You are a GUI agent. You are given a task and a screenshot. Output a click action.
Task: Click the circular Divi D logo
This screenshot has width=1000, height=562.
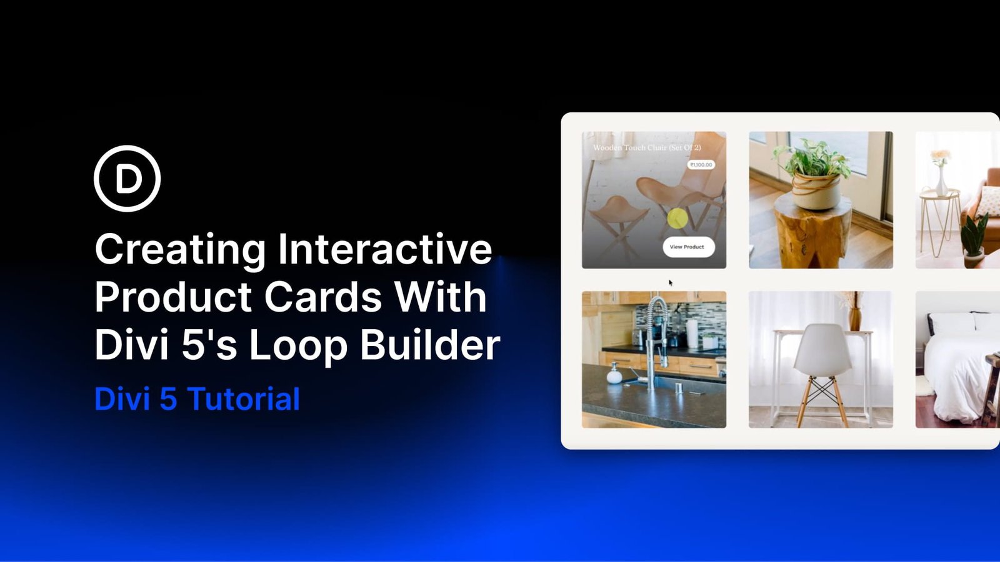[127, 179]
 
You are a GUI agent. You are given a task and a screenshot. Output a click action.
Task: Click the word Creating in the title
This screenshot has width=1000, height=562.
[181, 249]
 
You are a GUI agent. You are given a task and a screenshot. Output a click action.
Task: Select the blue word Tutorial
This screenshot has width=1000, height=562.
[244, 399]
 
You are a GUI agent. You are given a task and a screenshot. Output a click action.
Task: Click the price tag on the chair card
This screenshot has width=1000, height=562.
[701, 165]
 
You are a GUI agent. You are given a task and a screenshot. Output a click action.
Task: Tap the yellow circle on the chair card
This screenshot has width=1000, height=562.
[677, 219]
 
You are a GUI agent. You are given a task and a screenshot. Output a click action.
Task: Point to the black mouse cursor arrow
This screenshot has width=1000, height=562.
[671, 283]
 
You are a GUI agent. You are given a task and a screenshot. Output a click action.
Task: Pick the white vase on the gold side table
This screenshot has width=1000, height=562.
[941, 181]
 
